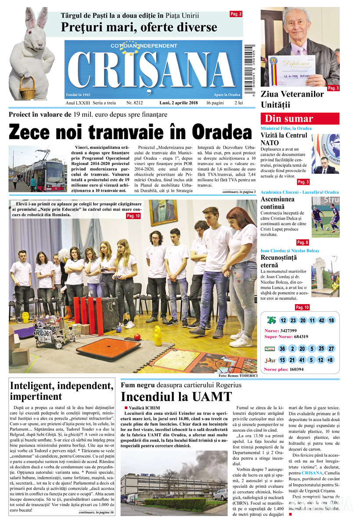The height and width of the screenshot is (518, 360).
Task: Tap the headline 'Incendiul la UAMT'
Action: (x=176, y=397)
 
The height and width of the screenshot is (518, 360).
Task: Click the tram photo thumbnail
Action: (x=37, y=169)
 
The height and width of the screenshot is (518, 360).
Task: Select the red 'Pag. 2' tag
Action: (x=236, y=14)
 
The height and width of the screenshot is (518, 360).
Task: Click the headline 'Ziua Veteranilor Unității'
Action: (x=292, y=99)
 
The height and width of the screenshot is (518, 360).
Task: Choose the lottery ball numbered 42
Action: (x=321, y=320)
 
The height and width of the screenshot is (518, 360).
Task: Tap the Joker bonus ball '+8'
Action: (x=331, y=360)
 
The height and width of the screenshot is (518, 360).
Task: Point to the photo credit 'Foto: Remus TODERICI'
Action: (x=237, y=377)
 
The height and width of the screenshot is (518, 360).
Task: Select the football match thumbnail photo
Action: (x=325, y=216)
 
